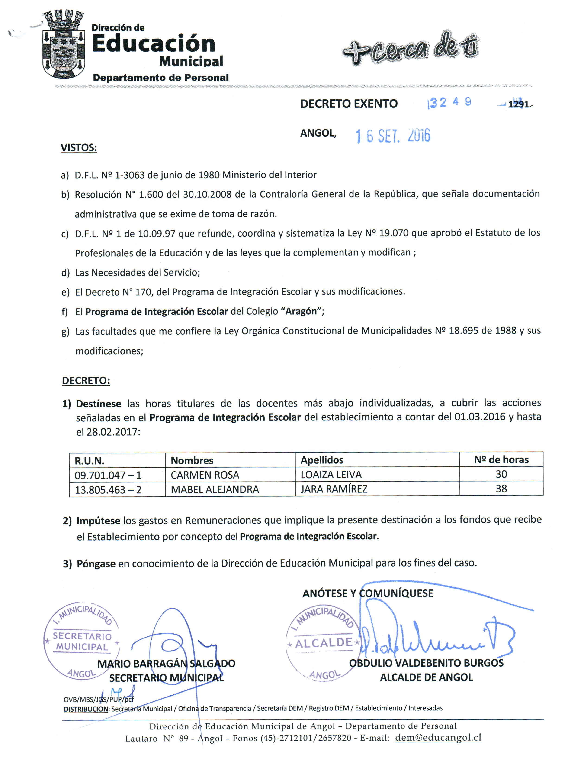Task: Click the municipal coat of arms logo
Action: [x=64, y=45]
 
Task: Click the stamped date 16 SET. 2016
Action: [x=393, y=136]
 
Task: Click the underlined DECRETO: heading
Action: [x=86, y=381]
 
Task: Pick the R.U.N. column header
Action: [x=89, y=461]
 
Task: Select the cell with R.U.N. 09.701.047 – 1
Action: [x=108, y=475]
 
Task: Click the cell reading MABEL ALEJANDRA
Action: [x=215, y=490]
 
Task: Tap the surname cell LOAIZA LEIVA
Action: [x=331, y=475]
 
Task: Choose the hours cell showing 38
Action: [x=501, y=489]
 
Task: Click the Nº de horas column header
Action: [x=501, y=460]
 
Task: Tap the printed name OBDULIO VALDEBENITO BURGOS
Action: [x=426, y=663]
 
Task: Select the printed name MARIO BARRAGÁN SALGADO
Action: [x=166, y=664]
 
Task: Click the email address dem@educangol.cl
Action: [x=438, y=738]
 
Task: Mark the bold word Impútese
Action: [x=98, y=521]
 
